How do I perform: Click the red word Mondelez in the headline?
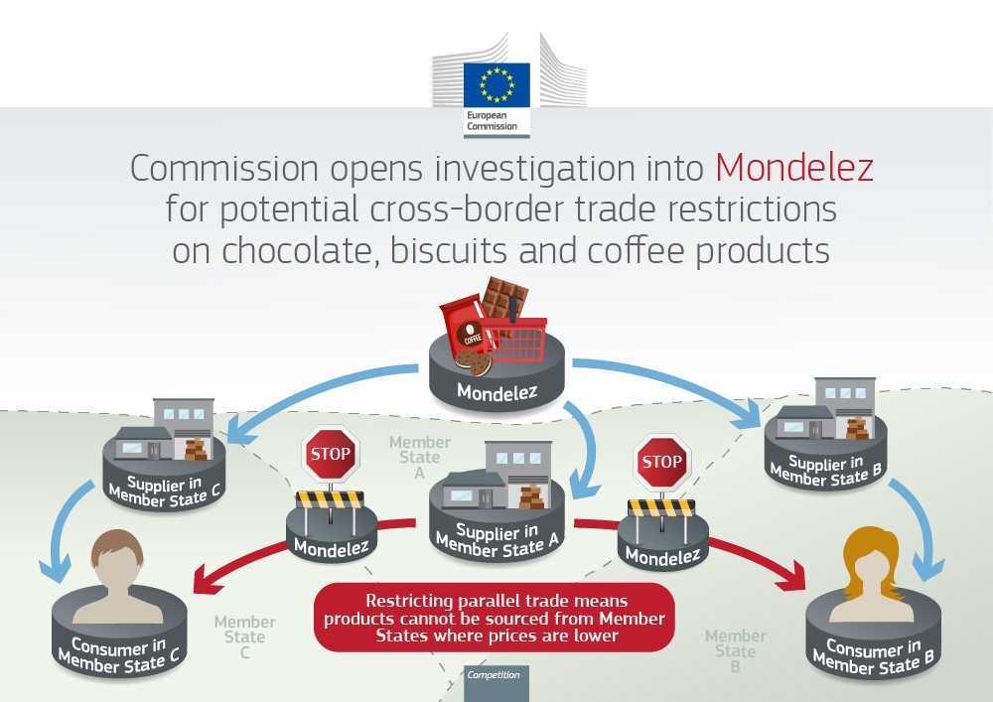click(x=794, y=168)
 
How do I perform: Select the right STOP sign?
click(x=661, y=462)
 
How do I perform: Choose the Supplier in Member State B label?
click(x=825, y=469)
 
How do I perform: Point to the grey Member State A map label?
click(x=419, y=457)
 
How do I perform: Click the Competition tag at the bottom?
click(x=494, y=675)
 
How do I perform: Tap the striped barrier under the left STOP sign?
click(x=331, y=499)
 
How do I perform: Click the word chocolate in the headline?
click(x=271, y=250)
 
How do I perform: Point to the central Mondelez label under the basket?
click(x=496, y=391)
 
